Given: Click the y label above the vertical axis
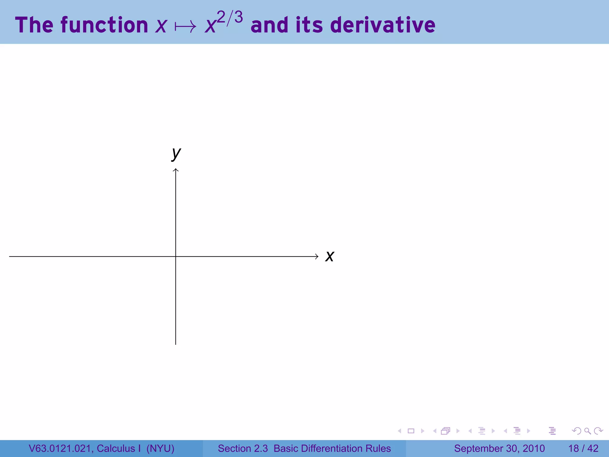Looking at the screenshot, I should click(176, 154).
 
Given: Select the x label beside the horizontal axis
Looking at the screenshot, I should click(330, 256).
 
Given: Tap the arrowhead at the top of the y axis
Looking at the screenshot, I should click(176, 170).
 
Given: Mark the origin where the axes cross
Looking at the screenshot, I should click(176, 256).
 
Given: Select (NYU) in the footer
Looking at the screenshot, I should click(160, 448).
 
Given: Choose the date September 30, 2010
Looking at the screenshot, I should click(499, 448).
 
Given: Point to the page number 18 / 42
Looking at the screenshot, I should click(583, 448).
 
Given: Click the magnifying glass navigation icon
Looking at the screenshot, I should click(587, 431).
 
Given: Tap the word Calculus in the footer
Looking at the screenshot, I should click(116, 448).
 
